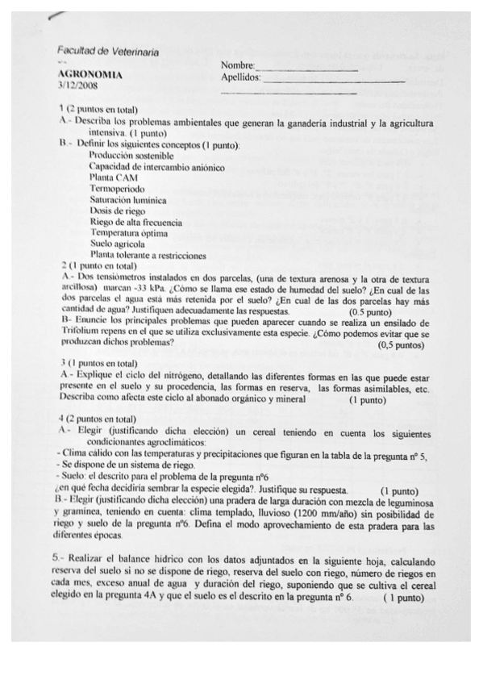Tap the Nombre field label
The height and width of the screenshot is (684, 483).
click(x=237, y=65)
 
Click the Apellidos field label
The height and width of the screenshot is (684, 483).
click(x=241, y=77)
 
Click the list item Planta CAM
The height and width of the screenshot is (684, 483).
click(x=114, y=177)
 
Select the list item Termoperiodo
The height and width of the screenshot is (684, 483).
click(x=116, y=188)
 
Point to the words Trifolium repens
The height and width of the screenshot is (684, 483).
click(x=94, y=332)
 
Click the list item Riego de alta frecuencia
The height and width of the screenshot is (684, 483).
click(x=135, y=221)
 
